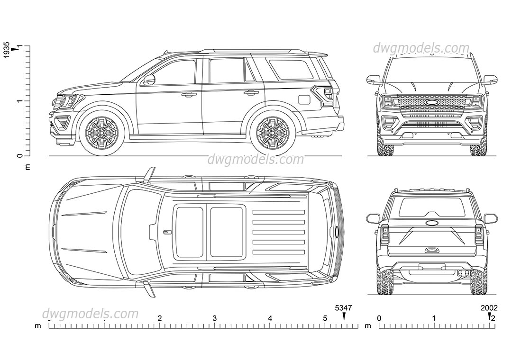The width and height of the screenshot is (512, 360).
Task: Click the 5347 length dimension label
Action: (344, 308)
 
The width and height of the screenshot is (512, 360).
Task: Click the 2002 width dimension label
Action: (489, 308)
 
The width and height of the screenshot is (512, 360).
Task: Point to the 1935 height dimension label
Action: (7, 50)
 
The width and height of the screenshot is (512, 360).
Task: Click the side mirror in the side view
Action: (150, 80)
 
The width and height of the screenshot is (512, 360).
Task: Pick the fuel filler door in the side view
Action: (304, 99)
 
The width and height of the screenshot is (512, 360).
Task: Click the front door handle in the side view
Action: (189, 95)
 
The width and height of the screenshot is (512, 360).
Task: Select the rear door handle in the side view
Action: (251, 92)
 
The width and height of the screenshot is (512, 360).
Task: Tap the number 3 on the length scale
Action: (215, 319)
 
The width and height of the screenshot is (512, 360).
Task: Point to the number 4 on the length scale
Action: (270, 319)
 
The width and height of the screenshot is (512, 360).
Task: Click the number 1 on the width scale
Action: (434, 319)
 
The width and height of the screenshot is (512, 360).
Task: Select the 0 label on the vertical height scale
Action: (19, 156)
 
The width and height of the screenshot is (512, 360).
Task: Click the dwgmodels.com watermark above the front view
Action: (421, 48)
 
